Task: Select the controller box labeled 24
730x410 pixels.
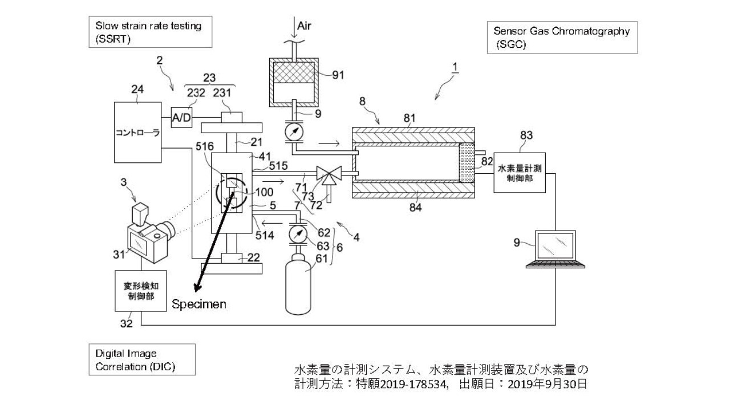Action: tap(138, 132)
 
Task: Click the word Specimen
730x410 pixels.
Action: tap(199, 304)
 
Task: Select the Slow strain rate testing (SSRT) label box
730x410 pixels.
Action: tap(149, 32)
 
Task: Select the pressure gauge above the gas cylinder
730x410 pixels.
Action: tap(298, 233)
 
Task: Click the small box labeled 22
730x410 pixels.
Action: tap(232, 258)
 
